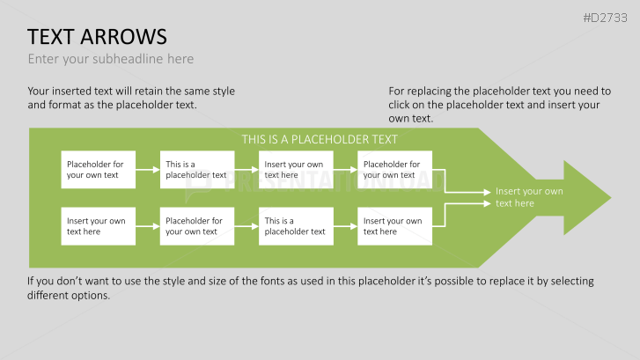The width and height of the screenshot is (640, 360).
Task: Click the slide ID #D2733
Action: click(x=605, y=18)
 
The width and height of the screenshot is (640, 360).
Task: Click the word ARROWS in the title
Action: click(x=123, y=37)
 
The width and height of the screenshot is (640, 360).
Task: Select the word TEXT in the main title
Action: click(x=51, y=37)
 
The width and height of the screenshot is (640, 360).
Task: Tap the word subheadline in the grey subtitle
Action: click(x=128, y=59)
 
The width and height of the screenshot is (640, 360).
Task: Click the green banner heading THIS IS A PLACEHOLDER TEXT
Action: click(x=320, y=140)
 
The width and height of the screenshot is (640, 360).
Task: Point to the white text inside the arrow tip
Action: click(x=529, y=197)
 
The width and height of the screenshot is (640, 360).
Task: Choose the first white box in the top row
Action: click(x=99, y=170)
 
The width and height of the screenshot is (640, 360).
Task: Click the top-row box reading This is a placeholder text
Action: click(x=197, y=170)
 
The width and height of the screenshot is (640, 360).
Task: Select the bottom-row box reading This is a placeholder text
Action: click(x=296, y=226)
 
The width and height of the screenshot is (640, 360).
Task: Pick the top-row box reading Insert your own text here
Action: click(x=296, y=170)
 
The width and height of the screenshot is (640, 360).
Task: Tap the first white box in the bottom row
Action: click(x=99, y=226)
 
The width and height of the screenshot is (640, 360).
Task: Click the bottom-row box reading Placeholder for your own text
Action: click(x=197, y=226)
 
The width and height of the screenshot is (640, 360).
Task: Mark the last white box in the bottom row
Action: click(x=394, y=226)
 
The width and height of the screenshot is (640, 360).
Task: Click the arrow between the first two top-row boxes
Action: click(x=148, y=169)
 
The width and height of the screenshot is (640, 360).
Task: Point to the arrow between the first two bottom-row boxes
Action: click(x=148, y=226)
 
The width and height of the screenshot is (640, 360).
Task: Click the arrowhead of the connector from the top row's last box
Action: click(x=488, y=192)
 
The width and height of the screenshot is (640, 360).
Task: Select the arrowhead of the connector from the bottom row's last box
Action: click(x=488, y=203)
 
